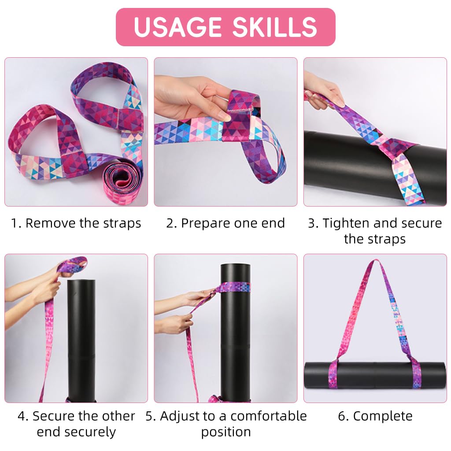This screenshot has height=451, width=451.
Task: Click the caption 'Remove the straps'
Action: point(83,223)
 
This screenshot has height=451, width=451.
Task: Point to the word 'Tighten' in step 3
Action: point(346,223)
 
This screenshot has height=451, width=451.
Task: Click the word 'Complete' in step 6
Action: point(383,416)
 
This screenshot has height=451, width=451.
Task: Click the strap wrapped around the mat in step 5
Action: point(233,287)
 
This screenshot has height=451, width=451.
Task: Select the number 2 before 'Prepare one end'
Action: point(171,223)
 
